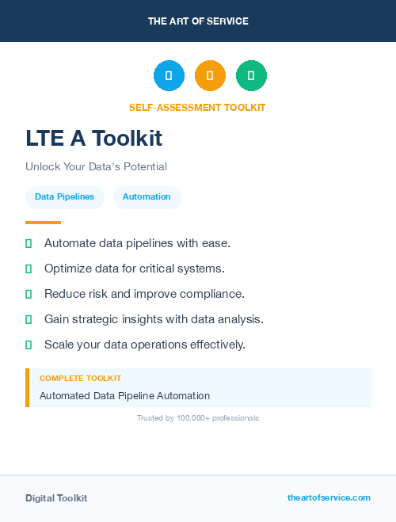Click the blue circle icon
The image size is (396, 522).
[169, 75]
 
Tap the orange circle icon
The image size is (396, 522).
[210, 75]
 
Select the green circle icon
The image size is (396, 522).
[251, 75]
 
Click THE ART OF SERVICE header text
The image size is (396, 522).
[198, 21]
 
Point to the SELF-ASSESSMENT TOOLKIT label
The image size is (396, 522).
[197, 107]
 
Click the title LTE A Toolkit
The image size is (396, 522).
[93, 139]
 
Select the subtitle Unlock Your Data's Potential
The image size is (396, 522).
[96, 167]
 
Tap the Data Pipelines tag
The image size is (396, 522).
[64, 197]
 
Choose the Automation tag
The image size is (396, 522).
[147, 197]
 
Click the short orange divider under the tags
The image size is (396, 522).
[43, 222]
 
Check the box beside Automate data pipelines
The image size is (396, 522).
[29, 243]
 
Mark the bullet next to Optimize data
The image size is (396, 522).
[29, 269]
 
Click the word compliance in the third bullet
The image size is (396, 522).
[215, 294]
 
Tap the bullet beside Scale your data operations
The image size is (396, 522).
[29, 345]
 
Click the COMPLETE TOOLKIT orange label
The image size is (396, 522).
[80, 379]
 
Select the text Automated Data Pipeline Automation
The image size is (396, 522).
[124, 395]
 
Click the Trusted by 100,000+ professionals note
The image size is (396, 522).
[198, 417]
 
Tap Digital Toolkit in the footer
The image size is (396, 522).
[56, 498]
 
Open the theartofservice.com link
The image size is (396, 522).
[329, 497]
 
